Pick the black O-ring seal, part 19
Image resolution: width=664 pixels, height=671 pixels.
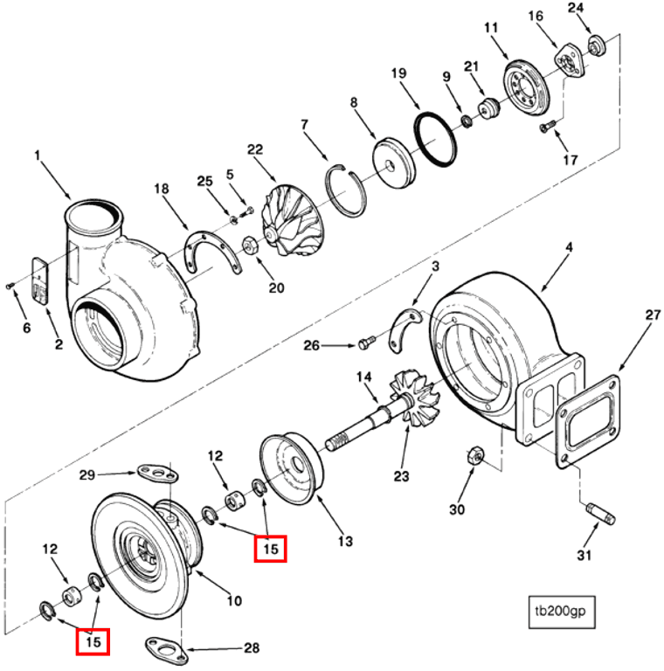(434, 139)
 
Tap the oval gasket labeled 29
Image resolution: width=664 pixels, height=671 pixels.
(156, 474)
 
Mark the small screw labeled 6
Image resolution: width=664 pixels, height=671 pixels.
(9, 286)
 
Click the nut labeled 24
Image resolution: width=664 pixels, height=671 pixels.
(596, 45)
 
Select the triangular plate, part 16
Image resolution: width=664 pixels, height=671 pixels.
(569, 62)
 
